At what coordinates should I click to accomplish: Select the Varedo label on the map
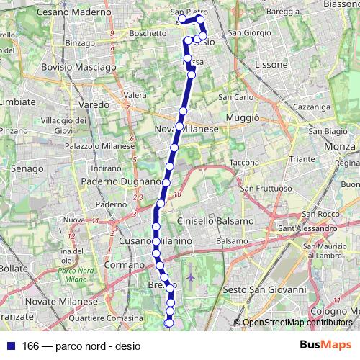(x=94, y=104)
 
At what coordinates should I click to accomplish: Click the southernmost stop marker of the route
(x=170, y=323)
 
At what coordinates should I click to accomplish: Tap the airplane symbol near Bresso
(x=190, y=276)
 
